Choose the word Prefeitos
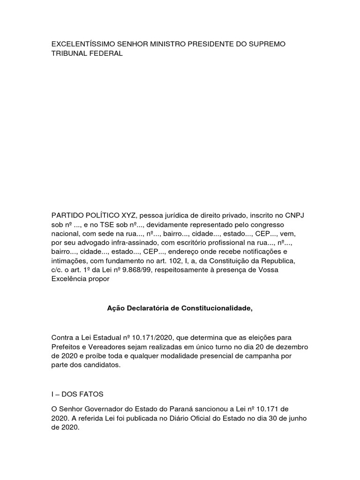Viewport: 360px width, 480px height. (67, 347)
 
